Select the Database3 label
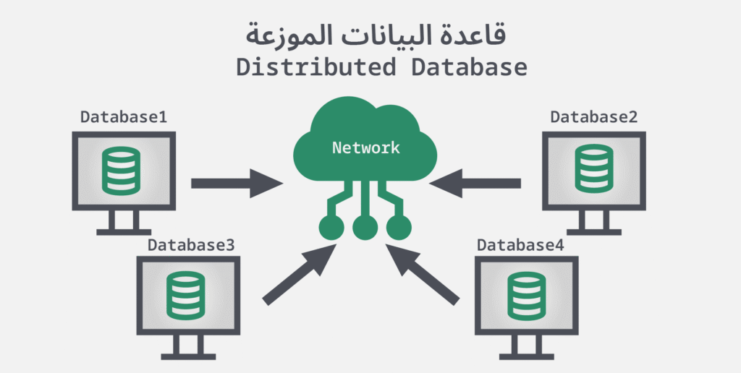[191, 244]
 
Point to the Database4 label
[520, 244]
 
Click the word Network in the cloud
[365, 147]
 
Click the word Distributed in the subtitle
[316, 68]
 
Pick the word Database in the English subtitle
[470, 68]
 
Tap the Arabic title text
[370, 33]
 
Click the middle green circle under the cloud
[365, 228]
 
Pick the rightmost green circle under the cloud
[399, 228]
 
